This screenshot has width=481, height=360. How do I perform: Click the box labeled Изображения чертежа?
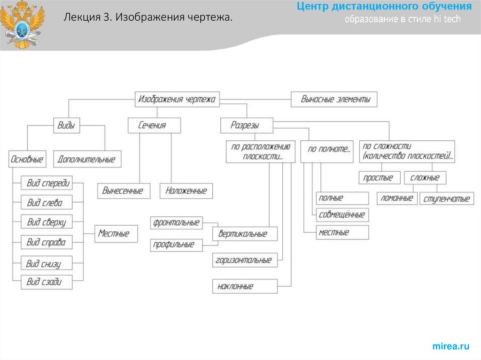point(177,100)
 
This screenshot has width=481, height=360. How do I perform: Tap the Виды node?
point(66,125)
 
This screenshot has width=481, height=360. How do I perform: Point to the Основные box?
point(27,159)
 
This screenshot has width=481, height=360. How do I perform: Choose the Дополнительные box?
point(86,159)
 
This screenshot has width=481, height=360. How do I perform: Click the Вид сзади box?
point(47,283)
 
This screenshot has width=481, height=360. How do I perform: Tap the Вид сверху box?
point(47,222)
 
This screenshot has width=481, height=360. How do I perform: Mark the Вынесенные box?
point(123,191)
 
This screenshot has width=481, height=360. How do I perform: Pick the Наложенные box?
point(186,191)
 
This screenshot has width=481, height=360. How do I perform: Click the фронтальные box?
point(176,222)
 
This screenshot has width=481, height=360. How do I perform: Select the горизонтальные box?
point(245,260)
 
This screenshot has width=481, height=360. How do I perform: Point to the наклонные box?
point(245,286)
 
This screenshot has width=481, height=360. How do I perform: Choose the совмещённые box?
point(342,214)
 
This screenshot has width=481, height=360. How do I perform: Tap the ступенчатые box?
point(446,199)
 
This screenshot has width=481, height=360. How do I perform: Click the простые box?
point(380,178)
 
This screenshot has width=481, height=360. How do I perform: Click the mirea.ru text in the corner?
point(451,346)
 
